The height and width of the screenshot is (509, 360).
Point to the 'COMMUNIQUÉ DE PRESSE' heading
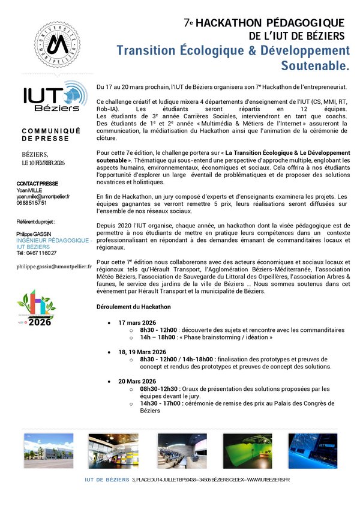pyautogui.click(x=46, y=134)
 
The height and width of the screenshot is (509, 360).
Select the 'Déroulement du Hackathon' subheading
pyautogui.click(x=134, y=307)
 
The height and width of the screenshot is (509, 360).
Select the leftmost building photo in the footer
pyautogui.click(x=49, y=450)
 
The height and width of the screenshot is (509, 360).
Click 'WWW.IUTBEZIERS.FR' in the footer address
pyautogui.click(x=268, y=480)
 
